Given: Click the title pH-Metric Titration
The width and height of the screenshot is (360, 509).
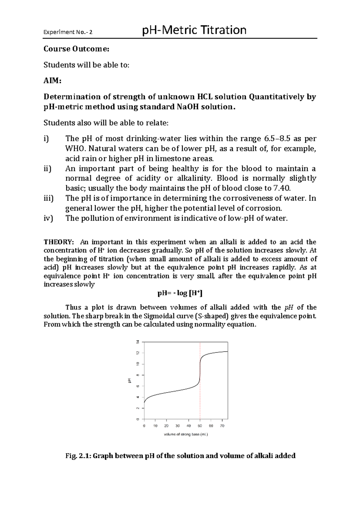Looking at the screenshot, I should pyautogui.click(x=194, y=30).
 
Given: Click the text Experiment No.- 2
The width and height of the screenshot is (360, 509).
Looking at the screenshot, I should pyautogui.click(x=68, y=32).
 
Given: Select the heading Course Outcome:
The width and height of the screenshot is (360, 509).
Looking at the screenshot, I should pyautogui.click(x=76, y=49).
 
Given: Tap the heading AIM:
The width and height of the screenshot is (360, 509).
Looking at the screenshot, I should pyautogui.click(x=52, y=81).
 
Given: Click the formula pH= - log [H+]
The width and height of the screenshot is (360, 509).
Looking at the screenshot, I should pyautogui.click(x=180, y=293).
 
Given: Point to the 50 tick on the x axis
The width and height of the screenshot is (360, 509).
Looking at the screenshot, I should pyautogui.click(x=200, y=426).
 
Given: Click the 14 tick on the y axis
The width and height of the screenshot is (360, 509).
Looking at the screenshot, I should pyautogui.click(x=138, y=342).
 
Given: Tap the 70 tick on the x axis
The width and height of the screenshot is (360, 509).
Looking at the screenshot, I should pyautogui.click(x=222, y=426).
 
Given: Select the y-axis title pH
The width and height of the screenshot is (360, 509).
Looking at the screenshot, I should pyautogui.click(x=130, y=381).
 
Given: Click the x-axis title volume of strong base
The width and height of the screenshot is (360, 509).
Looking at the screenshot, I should pyautogui.click(x=186, y=434).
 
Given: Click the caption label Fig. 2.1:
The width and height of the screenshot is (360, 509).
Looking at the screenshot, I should pyautogui.click(x=78, y=456).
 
